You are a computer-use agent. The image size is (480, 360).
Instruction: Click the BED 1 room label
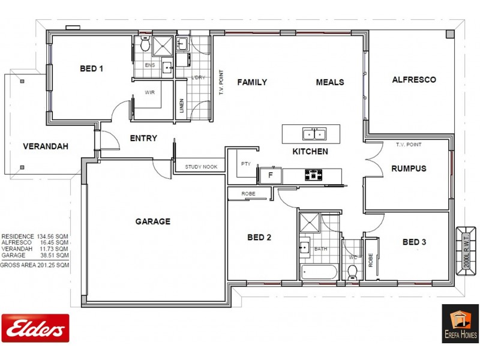[91, 69]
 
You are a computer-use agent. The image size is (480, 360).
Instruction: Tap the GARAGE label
[152, 221]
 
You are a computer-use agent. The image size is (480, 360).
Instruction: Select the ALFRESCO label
[414, 79]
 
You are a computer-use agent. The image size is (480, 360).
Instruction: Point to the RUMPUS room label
[409, 169]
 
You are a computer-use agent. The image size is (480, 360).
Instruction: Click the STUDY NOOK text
[201, 167]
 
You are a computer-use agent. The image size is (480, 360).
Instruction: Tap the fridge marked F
[271, 176]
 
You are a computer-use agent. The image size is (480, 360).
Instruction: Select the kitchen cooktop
[314, 175]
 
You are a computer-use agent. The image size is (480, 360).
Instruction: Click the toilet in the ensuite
[145, 44]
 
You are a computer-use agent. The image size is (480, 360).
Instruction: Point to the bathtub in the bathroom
[319, 272]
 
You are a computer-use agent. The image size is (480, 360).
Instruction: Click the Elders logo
[35, 328]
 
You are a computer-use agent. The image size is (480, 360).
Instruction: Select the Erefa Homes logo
[460, 323]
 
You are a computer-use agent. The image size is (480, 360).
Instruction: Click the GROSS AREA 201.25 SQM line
[35, 265]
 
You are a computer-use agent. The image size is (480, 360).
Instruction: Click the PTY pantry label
[245, 163]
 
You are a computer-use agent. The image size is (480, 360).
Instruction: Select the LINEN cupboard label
[182, 106]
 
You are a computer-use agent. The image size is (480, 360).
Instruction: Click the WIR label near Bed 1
[149, 92]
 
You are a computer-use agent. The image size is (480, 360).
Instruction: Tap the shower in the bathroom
[310, 222]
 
